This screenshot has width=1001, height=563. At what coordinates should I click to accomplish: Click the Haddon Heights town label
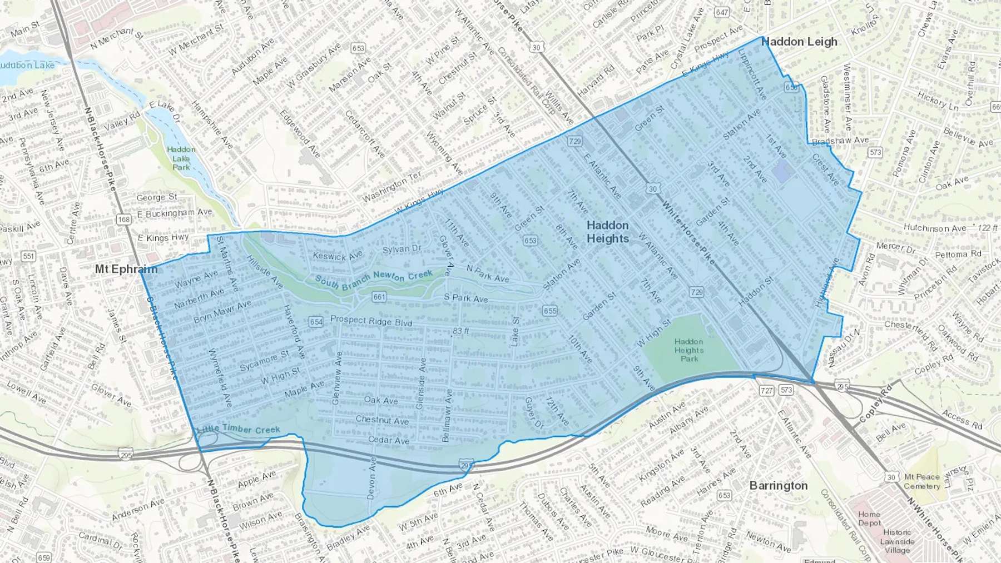[608, 232]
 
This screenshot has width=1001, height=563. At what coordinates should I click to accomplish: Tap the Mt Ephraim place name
[126, 269]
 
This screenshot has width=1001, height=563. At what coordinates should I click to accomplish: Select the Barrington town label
[778, 485]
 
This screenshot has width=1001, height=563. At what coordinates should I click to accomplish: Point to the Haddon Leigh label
[799, 42]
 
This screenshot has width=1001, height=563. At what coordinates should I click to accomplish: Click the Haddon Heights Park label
[689, 350]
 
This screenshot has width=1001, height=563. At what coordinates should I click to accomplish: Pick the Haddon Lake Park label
[181, 158]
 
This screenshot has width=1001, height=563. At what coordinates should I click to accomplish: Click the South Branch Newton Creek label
[374, 279]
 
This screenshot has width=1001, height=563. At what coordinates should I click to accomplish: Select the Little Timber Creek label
[239, 429]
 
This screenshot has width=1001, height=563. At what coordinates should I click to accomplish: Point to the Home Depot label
[869, 519]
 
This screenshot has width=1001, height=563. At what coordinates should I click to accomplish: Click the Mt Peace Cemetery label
[921, 481]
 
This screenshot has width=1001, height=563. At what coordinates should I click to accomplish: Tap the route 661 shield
[379, 297]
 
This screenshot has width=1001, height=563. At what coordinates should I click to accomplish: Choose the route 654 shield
[316, 322]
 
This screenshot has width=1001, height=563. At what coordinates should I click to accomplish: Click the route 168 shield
[123, 220]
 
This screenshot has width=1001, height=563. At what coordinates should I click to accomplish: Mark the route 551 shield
[28, 256]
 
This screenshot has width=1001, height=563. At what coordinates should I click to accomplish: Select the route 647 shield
[722, 12]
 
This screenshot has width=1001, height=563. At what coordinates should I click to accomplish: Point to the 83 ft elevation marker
[460, 331]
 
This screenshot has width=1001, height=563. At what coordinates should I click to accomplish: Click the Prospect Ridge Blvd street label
[371, 321]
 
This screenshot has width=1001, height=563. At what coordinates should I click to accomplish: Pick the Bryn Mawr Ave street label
[222, 312]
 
